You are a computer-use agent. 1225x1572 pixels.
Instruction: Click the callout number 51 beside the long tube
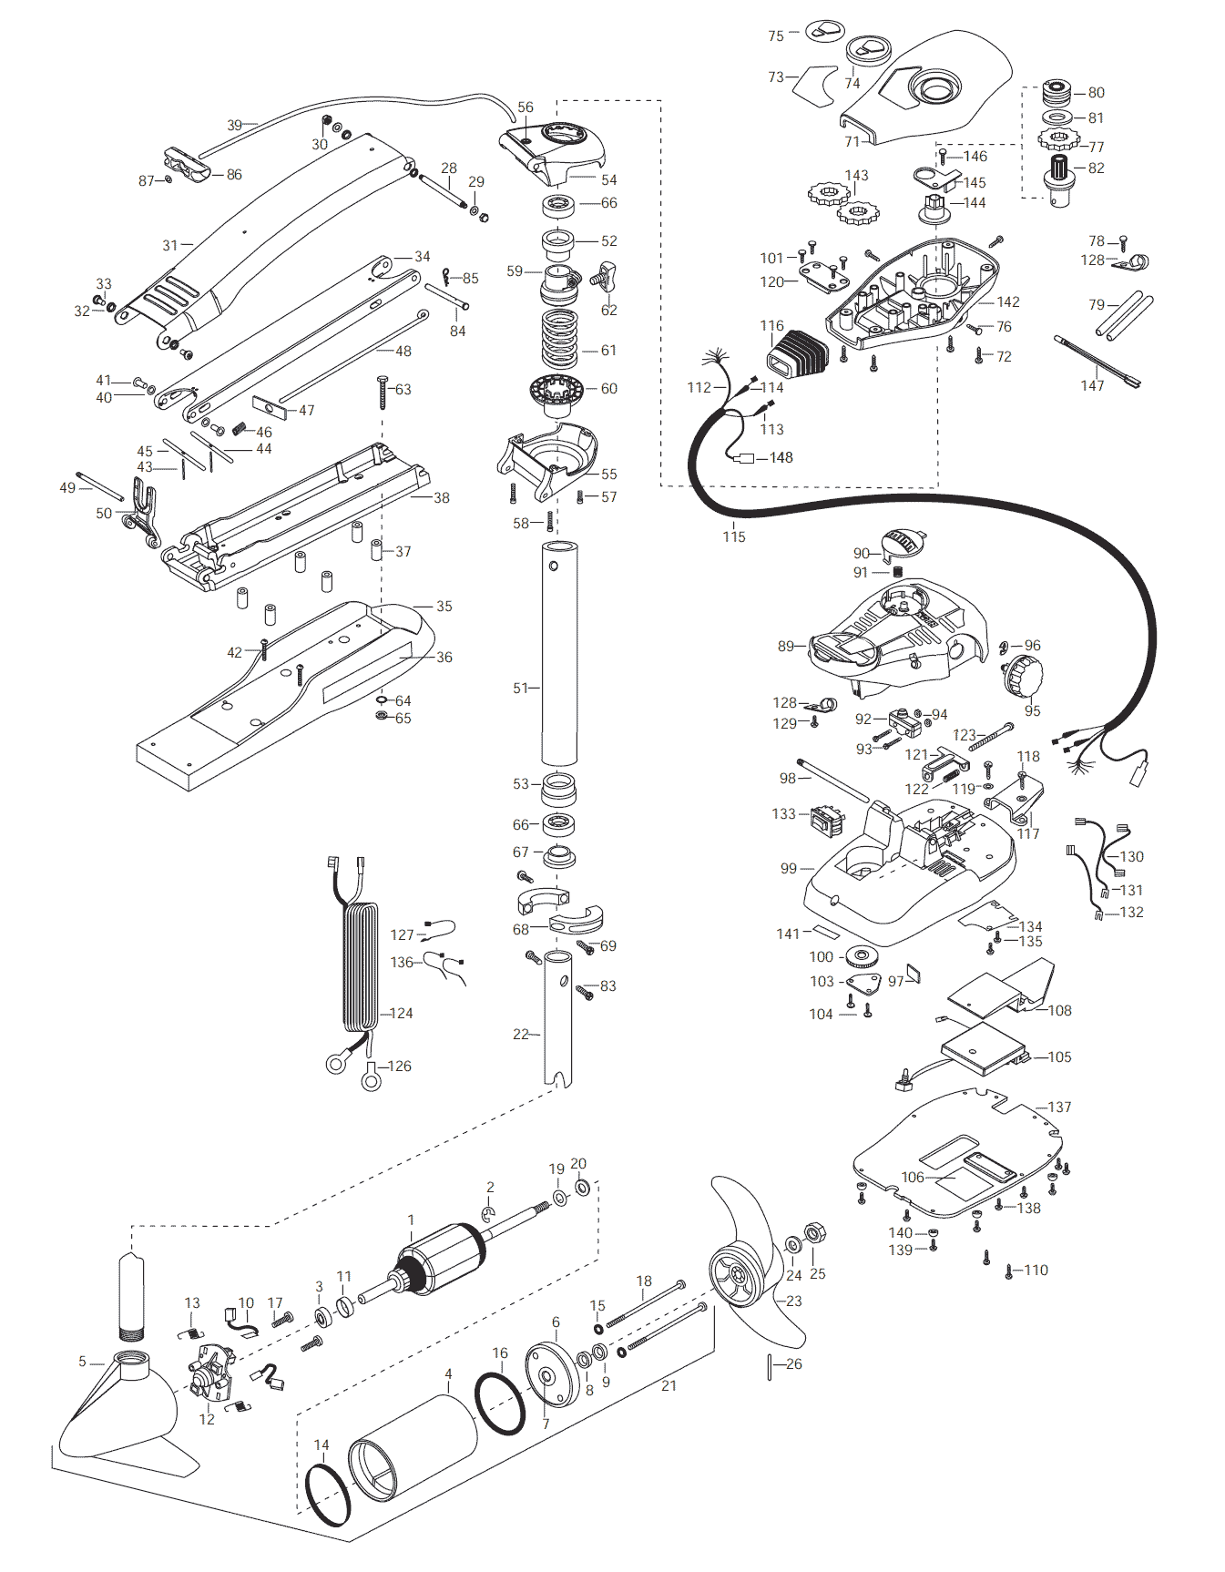(520, 688)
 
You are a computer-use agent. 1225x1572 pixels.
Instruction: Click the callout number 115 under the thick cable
(734, 536)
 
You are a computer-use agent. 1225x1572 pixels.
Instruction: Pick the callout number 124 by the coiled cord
(401, 1013)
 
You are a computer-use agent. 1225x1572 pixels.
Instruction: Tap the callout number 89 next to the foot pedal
(786, 646)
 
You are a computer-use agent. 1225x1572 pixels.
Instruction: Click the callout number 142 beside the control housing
(1008, 301)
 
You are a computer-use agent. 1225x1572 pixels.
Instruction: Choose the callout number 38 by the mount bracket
(441, 497)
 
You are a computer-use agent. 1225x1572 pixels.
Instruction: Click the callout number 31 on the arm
(170, 245)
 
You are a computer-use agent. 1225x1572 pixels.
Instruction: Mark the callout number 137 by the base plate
(1059, 1107)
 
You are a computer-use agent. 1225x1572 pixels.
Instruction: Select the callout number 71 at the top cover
(852, 141)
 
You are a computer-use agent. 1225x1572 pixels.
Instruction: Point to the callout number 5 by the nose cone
(82, 1362)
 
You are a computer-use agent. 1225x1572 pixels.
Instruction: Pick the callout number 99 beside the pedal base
(789, 868)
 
